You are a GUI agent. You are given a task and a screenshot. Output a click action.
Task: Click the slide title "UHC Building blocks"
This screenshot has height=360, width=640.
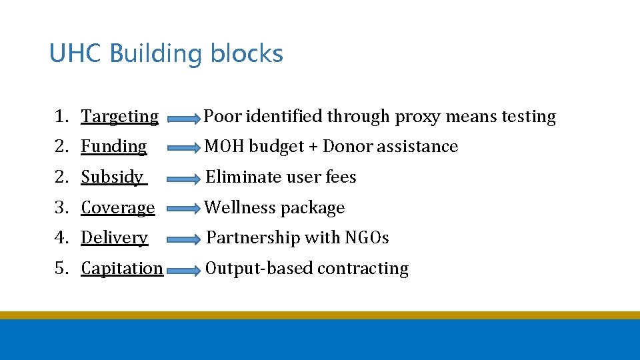click(x=166, y=53)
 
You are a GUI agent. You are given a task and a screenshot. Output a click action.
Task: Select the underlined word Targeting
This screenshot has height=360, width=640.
click(x=120, y=117)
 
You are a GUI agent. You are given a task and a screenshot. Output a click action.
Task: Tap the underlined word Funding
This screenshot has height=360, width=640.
click(x=114, y=147)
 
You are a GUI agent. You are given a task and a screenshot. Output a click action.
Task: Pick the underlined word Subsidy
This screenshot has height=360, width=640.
click(x=112, y=177)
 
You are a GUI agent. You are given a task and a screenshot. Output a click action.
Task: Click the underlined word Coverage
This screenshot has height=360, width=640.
click(x=118, y=208)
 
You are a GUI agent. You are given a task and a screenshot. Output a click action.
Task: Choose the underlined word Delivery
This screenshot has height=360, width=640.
click(x=115, y=238)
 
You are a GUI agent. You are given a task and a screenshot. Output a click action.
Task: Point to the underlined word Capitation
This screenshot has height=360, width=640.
click(x=122, y=268)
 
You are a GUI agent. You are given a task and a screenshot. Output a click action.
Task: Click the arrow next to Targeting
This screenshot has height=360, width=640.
click(x=183, y=119)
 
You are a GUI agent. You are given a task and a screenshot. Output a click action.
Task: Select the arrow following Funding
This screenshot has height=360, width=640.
click(x=183, y=149)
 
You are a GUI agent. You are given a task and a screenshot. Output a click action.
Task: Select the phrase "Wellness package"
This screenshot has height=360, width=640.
click(x=275, y=208)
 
